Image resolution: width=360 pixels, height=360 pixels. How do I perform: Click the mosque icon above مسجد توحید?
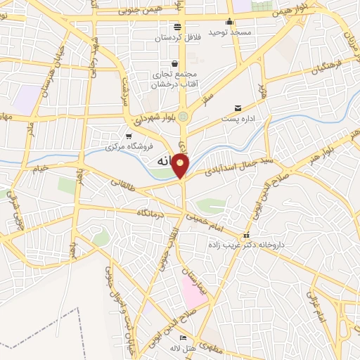click(x=231, y=20)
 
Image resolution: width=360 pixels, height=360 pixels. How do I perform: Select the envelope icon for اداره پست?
click(x=239, y=108)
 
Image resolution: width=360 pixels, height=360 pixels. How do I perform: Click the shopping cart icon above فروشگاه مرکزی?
click(x=128, y=136)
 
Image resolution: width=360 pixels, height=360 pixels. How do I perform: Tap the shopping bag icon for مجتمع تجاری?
click(x=174, y=63)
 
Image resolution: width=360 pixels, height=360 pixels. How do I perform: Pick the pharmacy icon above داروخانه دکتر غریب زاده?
click(x=245, y=236)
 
